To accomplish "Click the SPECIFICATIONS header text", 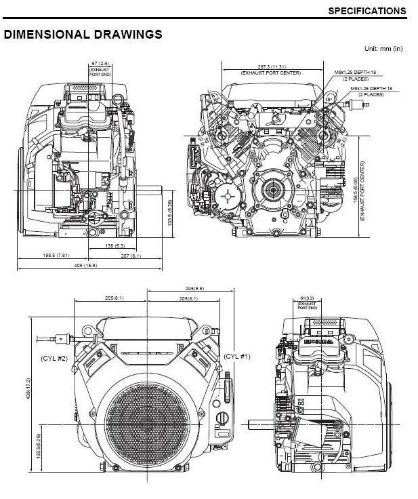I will pyautogui.click(x=367, y=11).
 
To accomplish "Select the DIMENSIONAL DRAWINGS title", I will pyautogui.click(x=83, y=34).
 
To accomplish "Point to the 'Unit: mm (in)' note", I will pyautogui.click(x=383, y=48).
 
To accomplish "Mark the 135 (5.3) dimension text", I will pyautogui.click(x=114, y=245).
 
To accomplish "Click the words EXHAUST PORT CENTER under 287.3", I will pyautogui.click(x=270, y=72).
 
